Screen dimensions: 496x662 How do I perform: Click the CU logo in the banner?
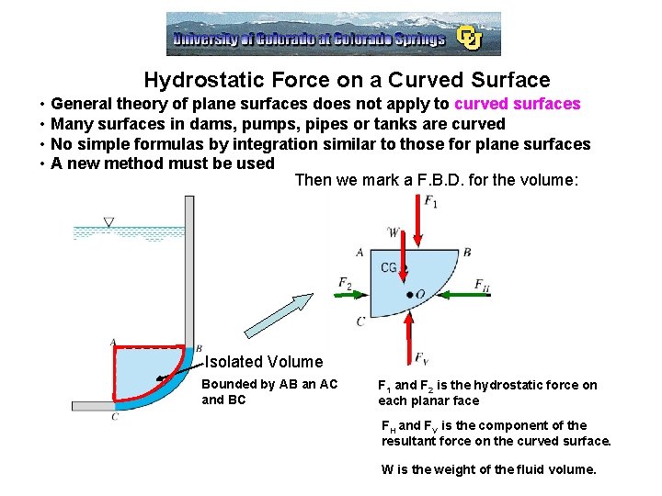(470, 38)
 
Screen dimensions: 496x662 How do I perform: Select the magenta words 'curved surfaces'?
(518, 104)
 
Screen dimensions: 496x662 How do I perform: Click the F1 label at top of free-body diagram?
(429, 202)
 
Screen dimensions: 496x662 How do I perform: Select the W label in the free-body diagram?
(394, 232)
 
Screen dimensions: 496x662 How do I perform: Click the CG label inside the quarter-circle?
(389, 267)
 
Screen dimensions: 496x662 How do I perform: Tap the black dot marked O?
(409, 294)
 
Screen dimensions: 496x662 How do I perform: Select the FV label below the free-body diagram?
(421, 358)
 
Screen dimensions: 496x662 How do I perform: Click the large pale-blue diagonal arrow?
(280, 317)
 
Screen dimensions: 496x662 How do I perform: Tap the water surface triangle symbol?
(109, 222)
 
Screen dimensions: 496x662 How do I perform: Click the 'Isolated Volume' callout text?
(264, 362)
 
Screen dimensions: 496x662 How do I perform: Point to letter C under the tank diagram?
(115, 417)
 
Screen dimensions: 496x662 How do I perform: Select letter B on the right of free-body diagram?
(467, 252)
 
